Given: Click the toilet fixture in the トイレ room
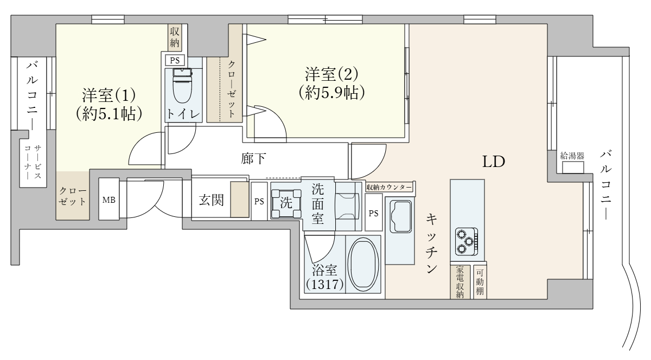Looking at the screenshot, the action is pyautogui.click(x=182, y=86).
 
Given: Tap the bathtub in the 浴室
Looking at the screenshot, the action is pyautogui.click(x=363, y=264).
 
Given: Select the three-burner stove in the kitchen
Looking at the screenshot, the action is pyautogui.click(x=466, y=241).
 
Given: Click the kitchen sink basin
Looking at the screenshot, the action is pyautogui.click(x=401, y=216).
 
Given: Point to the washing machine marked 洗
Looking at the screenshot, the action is pyautogui.click(x=286, y=203).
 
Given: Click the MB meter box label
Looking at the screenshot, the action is pyautogui.click(x=108, y=200).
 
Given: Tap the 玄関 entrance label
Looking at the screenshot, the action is pyautogui.click(x=211, y=200).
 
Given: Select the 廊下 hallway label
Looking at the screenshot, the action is pyautogui.click(x=253, y=159).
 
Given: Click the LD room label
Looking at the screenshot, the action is pyautogui.click(x=494, y=162).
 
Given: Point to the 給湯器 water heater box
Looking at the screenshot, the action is pyautogui.click(x=573, y=168).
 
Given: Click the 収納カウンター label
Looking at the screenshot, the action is pyautogui.click(x=390, y=188).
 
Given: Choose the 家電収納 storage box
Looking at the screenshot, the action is pyautogui.click(x=460, y=281).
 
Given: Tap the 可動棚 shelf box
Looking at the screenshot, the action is pyautogui.click(x=480, y=281).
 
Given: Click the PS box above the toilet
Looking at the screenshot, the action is pyautogui.click(x=175, y=60).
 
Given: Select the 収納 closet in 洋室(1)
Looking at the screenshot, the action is pyautogui.click(x=174, y=37).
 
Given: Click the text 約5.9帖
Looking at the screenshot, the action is pyautogui.click(x=331, y=93).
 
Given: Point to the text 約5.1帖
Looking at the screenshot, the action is pyautogui.click(x=109, y=114).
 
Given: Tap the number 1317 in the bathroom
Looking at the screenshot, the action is pyautogui.click(x=324, y=285).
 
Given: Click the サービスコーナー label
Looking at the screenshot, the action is pyautogui.click(x=33, y=162).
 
